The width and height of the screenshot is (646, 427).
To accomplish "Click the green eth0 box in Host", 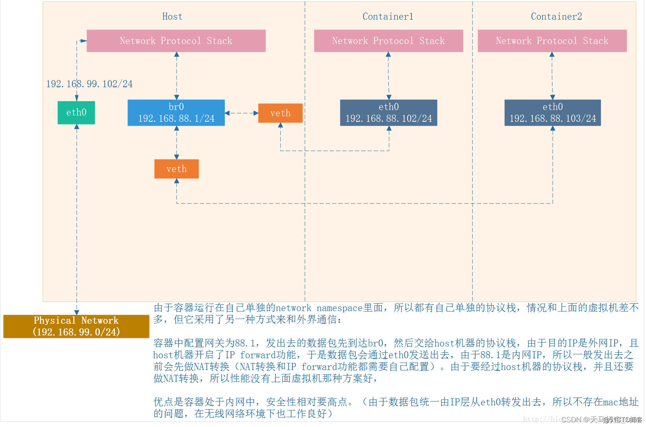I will tap(76, 113).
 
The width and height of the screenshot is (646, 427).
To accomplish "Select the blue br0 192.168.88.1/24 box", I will tap(176, 113).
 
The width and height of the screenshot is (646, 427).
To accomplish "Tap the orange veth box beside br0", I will tap(280, 113).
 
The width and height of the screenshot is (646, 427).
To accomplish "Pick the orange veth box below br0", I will tap(176, 169).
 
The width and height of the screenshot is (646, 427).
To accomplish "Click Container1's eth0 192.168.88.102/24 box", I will tap(388, 113).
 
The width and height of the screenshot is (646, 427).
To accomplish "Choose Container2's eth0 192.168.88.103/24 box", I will tap(552, 113).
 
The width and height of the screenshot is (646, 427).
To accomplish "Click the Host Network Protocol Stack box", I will tap(176, 41).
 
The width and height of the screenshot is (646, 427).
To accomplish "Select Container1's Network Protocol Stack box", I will tap(388, 41).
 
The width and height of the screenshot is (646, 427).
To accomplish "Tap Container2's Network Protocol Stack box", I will tap(552, 41).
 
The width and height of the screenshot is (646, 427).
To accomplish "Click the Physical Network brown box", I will tap(76, 326).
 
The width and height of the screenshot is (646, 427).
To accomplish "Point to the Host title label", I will tap(172, 16).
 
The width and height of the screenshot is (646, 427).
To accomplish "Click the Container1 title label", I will tap(388, 16).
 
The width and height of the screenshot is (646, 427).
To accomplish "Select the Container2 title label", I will tap(556, 16).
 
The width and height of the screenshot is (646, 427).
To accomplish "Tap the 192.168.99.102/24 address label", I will tap(89, 84).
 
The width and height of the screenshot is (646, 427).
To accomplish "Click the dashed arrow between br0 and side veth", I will tap(242, 113).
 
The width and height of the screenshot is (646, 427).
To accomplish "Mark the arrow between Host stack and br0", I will tap(177, 76).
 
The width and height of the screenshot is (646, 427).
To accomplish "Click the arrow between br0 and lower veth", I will tap(177, 143).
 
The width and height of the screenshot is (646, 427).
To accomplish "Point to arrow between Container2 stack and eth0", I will tap(552, 76).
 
